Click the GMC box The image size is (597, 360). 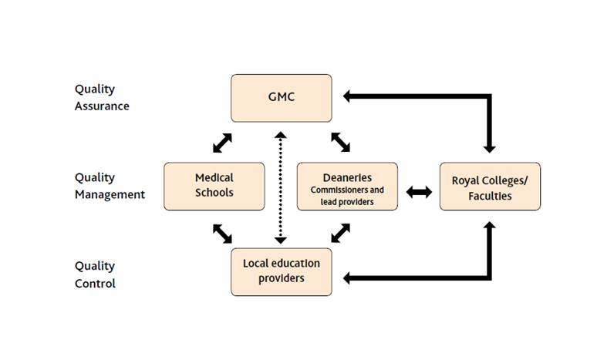tap(282, 98)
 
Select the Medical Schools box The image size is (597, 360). tap(214, 186)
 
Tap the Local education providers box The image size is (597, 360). tap(282, 271)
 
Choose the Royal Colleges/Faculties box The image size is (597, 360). tap(490, 186)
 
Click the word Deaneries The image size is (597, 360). tap(347, 177)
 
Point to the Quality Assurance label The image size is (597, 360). tap(101, 98)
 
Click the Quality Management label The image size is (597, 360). tap(110, 186)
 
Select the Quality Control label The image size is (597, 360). tap(95, 274)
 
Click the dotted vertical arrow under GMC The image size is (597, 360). tap(282, 185)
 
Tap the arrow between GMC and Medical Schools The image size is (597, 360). tap(221, 142)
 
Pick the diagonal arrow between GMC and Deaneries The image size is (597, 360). tap(340, 142)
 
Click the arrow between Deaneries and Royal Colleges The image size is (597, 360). tap(419, 192)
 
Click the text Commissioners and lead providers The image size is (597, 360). tap(347, 196)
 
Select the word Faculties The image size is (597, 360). tap(490, 196)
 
